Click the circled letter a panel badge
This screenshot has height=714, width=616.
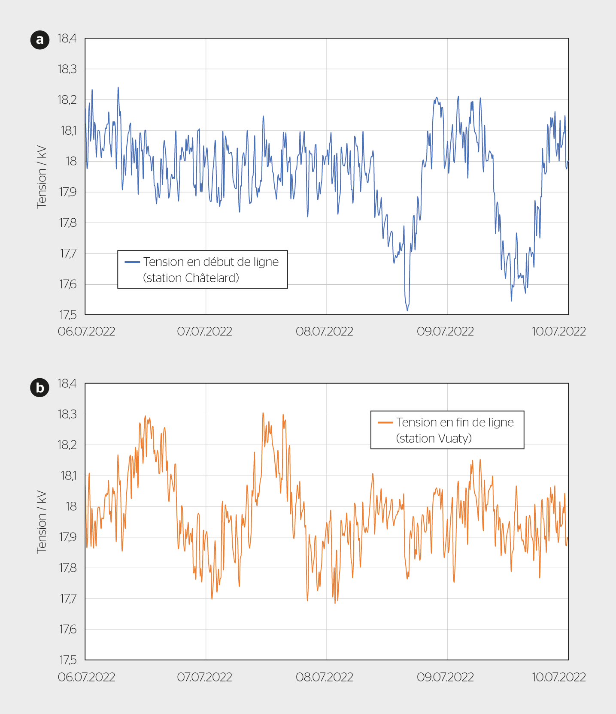coord(40,40)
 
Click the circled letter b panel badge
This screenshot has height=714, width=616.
coord(40,388)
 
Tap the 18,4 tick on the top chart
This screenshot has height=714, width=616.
coord(67,39)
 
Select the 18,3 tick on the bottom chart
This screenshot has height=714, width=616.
coord(67,414)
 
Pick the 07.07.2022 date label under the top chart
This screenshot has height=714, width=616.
coord(204,331)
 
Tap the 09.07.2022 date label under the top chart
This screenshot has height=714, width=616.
coord(445,331)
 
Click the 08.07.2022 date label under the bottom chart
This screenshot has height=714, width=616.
coord(325,677)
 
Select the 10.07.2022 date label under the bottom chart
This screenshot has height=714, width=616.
coord(558,677)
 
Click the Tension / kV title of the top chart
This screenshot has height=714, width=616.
coord(41,177)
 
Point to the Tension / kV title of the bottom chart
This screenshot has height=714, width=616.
coord(41,522)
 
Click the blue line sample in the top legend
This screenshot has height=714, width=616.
coord(132,262)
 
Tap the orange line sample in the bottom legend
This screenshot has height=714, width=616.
coord(385,422)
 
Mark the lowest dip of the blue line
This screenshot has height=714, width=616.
coord(407,310)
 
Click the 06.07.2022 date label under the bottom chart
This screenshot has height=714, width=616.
coord(87,677)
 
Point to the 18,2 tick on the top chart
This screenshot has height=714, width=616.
coord(67,100)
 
